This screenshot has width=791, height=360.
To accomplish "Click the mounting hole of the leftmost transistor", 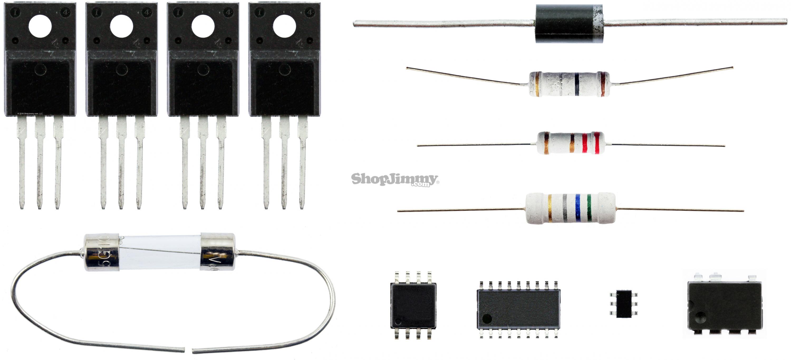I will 40,26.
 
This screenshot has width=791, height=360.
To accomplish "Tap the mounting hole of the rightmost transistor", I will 284,26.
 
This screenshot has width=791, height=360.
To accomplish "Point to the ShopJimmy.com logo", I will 395,179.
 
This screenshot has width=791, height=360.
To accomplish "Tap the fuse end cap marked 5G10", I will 102,252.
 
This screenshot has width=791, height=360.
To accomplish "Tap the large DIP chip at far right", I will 724,307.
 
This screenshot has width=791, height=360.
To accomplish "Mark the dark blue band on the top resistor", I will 577,84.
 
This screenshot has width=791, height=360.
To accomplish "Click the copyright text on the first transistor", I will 30,114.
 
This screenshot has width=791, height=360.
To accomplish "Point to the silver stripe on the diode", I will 597,24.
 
